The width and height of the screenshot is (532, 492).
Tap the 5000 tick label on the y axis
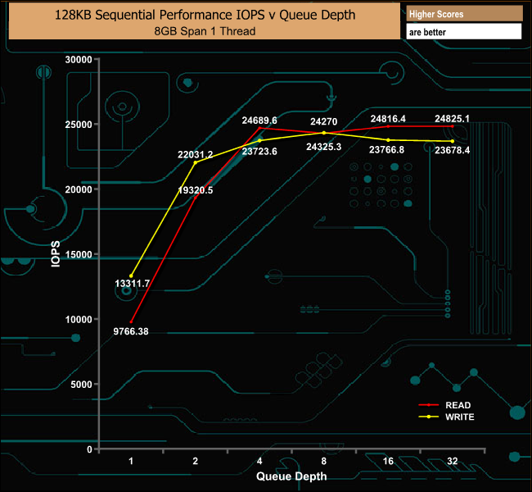click(x=79, y=385)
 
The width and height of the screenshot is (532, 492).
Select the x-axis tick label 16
click(x=388, y=462)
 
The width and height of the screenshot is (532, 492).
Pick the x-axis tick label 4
click(x=259, y=462)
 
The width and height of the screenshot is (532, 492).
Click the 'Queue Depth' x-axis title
click(x=291, y=476)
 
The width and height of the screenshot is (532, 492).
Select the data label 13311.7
click(x=132, y=284)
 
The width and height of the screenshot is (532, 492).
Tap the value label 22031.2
click(x=196, y=154)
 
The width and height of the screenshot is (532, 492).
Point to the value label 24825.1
click(x=452, y=119)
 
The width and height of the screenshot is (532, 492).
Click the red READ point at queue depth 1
click(x=131, y=321)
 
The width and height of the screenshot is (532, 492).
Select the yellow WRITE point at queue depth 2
click(x=196, y=162)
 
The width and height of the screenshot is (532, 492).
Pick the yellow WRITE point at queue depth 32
click(x=452, y=142)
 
